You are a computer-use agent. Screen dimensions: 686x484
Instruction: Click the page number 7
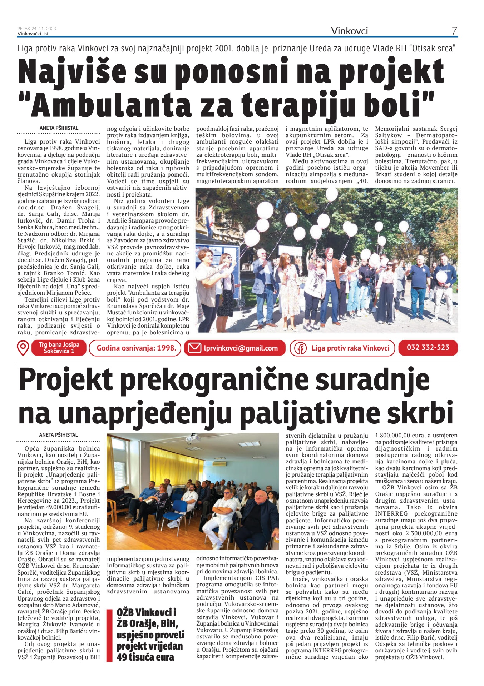point(454,31)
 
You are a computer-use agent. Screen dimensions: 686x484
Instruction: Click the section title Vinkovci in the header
point(349,31)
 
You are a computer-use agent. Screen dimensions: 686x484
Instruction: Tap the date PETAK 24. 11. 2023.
point(37,29)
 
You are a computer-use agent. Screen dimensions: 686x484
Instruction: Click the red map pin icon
point(23,348)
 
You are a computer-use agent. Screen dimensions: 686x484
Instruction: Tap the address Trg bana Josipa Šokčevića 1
point(59,348)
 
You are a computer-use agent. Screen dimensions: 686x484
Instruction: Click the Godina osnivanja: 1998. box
point(136,348)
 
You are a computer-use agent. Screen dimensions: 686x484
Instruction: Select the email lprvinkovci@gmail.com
point(241,348)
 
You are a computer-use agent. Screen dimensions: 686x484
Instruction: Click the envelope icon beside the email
point(194,348)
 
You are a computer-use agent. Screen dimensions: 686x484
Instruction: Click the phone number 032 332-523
point(428,347)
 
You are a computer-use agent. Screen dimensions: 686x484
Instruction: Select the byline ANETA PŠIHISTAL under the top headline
point(59,128)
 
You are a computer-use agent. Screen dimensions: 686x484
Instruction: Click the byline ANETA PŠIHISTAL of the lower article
point(59,435)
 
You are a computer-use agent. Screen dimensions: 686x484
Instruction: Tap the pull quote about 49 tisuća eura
point(150,635)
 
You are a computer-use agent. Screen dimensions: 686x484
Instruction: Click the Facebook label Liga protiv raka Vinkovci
point(350,348)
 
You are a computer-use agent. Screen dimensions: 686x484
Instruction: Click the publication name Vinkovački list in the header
point(33,34)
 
